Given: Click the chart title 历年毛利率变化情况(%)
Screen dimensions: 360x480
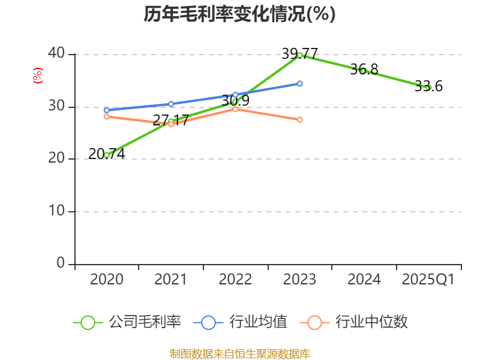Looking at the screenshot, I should point(239,14).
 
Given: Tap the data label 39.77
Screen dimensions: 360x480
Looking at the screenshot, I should point(299,53).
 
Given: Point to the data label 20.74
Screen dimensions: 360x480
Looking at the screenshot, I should point(106,154).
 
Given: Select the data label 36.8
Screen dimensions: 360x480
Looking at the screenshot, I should point(364,70).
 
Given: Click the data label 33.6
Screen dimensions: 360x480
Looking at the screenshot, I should point(428,86).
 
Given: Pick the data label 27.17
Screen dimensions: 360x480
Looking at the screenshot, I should point(170,120).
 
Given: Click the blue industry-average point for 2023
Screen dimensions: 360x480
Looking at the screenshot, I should point(299,83).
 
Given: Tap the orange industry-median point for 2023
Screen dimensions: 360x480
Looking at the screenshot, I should point(299,119).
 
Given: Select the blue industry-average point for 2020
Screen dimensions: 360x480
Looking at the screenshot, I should point(106,110).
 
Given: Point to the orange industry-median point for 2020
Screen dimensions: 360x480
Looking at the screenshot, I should point(106,116).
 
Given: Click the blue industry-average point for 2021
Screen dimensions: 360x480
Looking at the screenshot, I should point(170,104).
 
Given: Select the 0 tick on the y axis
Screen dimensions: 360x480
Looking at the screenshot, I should point(61,263).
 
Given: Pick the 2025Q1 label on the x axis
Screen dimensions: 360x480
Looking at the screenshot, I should point(428,280).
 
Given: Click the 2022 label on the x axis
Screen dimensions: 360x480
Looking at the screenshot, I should point(235,280).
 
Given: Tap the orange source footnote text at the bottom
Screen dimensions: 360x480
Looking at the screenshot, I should point(239,353).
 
